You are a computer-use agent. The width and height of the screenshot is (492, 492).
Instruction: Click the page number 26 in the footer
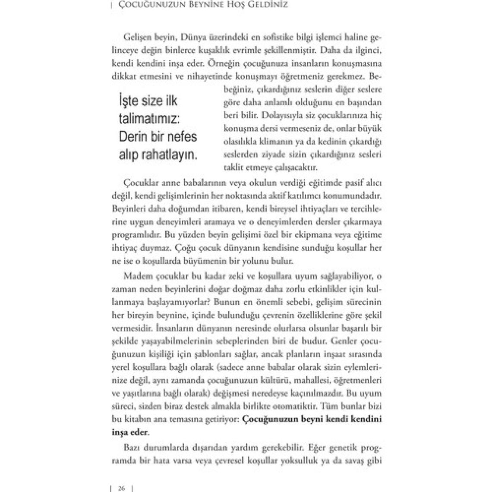121,488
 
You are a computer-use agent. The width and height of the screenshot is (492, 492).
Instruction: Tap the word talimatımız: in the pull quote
148,119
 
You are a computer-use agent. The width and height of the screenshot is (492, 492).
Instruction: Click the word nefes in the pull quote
181,137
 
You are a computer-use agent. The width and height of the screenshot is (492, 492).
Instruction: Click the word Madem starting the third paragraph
136,276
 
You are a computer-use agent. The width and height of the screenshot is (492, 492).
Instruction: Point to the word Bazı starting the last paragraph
131,448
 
